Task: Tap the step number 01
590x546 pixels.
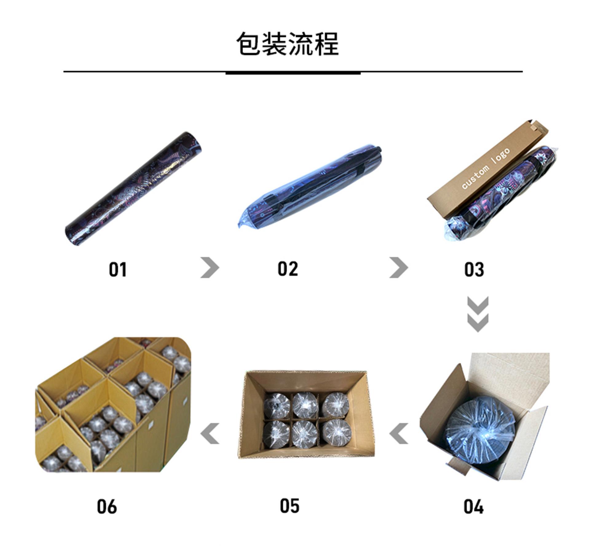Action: pos(118,269)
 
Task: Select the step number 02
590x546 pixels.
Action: pos(288,269)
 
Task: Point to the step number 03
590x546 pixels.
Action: pos(474,269)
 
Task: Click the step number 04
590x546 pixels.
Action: pos(473,507)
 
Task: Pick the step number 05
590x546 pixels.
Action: pos(289,506)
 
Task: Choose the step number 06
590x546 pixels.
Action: pos(107,506)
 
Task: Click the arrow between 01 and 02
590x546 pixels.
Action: pos(210,267)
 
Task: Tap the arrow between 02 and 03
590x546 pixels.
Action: pos(399,267)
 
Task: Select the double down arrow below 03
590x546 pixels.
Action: pos(478,314)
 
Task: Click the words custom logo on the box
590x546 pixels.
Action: pos(486,168)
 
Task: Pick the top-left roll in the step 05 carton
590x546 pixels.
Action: pos(277,405)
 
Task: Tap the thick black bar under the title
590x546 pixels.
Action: pos(293,73)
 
